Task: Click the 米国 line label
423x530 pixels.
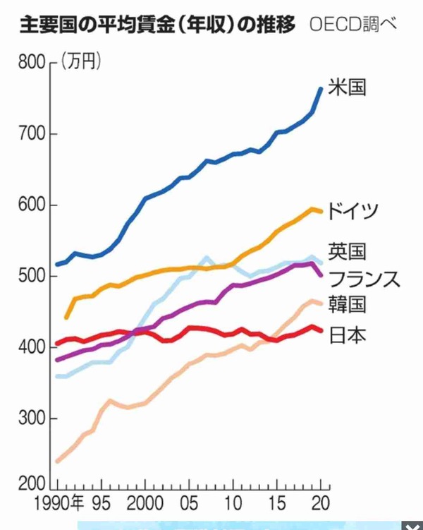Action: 347,88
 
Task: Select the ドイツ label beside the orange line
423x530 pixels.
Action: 352,211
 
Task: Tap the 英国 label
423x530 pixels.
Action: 347,251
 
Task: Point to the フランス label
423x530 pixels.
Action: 364,279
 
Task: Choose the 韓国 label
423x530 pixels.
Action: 347,304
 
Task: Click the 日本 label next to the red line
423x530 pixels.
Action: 347,335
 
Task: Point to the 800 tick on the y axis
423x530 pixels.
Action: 32,62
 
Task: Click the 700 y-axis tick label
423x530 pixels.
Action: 32,134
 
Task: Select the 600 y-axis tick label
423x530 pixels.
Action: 32,205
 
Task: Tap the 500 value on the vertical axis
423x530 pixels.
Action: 32,276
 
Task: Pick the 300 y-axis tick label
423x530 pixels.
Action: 32,418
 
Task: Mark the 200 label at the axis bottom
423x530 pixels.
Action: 32,484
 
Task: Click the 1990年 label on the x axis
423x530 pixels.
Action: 59,503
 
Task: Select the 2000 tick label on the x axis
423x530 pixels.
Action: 145,503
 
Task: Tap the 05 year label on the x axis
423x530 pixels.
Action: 189,503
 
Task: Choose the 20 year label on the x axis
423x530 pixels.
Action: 320,503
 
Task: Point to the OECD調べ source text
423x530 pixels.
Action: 352,24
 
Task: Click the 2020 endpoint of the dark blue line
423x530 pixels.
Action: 321,89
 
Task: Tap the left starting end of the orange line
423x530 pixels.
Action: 66,318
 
